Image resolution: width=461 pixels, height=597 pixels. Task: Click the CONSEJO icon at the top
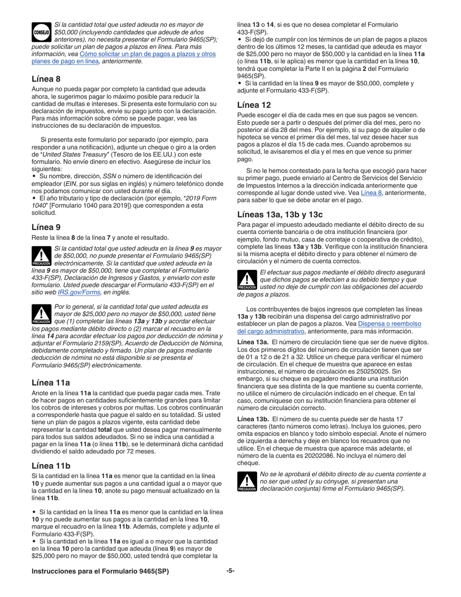coord(41,32)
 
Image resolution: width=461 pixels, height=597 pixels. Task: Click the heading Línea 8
coord(46,79)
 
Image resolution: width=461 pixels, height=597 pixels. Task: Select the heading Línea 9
coord(46,227)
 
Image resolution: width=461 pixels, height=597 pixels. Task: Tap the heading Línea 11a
coord(50,382)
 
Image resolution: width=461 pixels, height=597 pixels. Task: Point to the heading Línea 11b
coord(50,465)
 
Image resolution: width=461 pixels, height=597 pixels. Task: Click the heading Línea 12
coord(254,105)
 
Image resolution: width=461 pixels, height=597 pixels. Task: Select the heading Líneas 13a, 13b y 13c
coord(280,215)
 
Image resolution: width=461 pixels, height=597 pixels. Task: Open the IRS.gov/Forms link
coord(79,293)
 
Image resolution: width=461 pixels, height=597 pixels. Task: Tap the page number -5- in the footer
coord(230,571)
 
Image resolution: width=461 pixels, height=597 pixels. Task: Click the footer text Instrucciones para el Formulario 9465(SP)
coord(100,571)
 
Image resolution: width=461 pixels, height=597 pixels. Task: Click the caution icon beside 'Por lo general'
coord(41,315)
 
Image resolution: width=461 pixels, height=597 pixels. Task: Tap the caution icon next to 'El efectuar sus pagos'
coord(247,280)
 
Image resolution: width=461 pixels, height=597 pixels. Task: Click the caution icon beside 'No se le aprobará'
coord(247,482)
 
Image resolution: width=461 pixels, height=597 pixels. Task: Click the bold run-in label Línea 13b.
coord(253,419)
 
